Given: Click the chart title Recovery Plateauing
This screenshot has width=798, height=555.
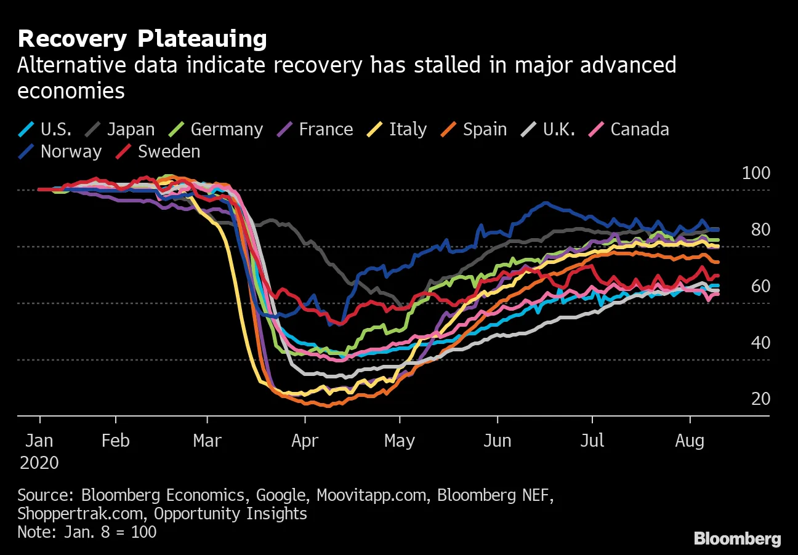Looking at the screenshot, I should (142, 39).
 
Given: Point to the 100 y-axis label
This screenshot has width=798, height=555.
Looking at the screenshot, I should (756, 173).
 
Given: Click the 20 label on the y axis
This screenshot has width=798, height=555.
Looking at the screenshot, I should (761, 399).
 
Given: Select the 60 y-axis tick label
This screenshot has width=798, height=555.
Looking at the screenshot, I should (761, 286).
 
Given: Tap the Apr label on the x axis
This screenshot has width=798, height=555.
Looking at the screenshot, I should (304, 441).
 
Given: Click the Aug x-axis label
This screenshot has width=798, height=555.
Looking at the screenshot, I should (690, 441).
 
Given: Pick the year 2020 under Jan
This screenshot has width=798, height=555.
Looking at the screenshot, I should (39, 463).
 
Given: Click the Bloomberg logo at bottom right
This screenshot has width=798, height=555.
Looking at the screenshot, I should (737, 539).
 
